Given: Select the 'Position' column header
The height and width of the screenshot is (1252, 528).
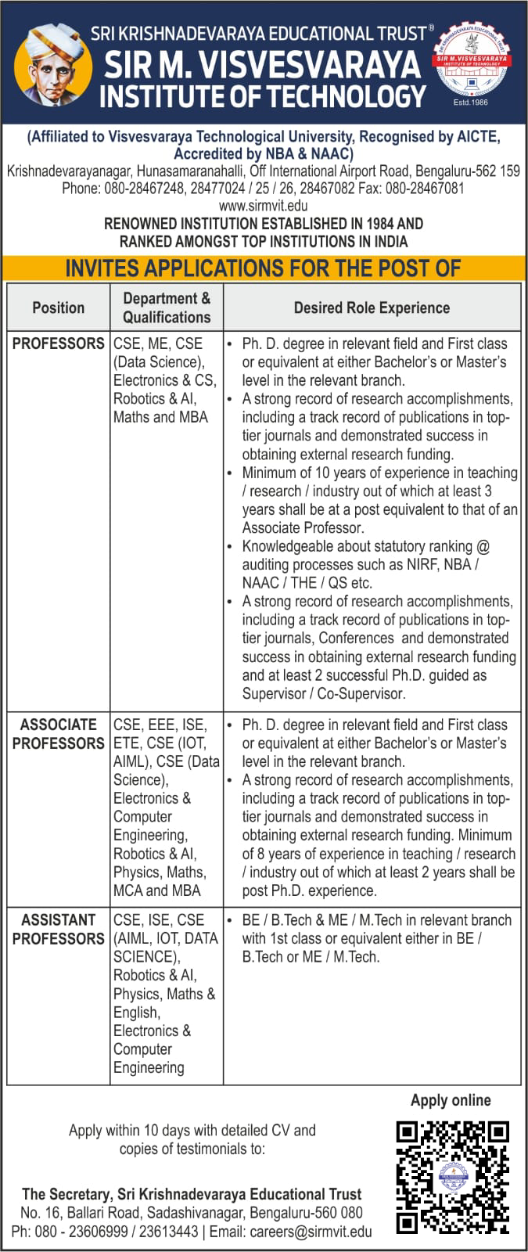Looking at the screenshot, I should point(58,308).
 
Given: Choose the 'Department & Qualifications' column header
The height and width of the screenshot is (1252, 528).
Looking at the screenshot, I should point(167,308).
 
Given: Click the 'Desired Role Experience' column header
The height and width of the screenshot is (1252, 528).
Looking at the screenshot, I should point(372,308).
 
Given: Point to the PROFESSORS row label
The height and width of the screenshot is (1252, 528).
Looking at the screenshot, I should point(58,344).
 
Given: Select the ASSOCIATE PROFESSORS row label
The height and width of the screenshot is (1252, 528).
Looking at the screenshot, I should point(58,734).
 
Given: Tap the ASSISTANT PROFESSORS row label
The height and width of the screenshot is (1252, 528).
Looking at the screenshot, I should point(58,929).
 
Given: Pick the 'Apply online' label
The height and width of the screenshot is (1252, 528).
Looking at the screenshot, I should point(451,1100).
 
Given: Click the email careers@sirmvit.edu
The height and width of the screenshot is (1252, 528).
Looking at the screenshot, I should point(311,1232).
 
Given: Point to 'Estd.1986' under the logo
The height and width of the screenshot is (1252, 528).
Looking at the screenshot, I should point(470,103).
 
